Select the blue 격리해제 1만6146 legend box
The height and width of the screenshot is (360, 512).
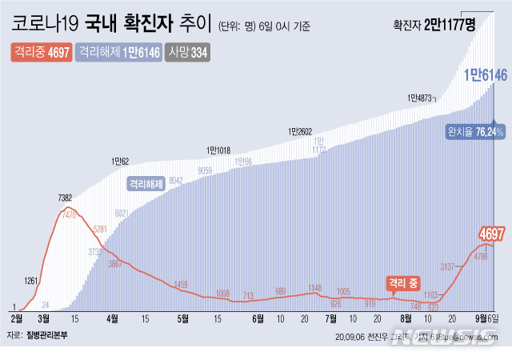point(118,53)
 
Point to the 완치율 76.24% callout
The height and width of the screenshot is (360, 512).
point(475,130)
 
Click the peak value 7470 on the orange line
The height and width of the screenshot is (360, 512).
point(70,215)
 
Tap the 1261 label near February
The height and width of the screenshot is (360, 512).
point(31,281)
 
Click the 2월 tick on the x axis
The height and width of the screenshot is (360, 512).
point(16,318)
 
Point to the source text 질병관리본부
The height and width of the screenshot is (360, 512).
point(47,336)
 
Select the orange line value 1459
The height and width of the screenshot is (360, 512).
point(181,284)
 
